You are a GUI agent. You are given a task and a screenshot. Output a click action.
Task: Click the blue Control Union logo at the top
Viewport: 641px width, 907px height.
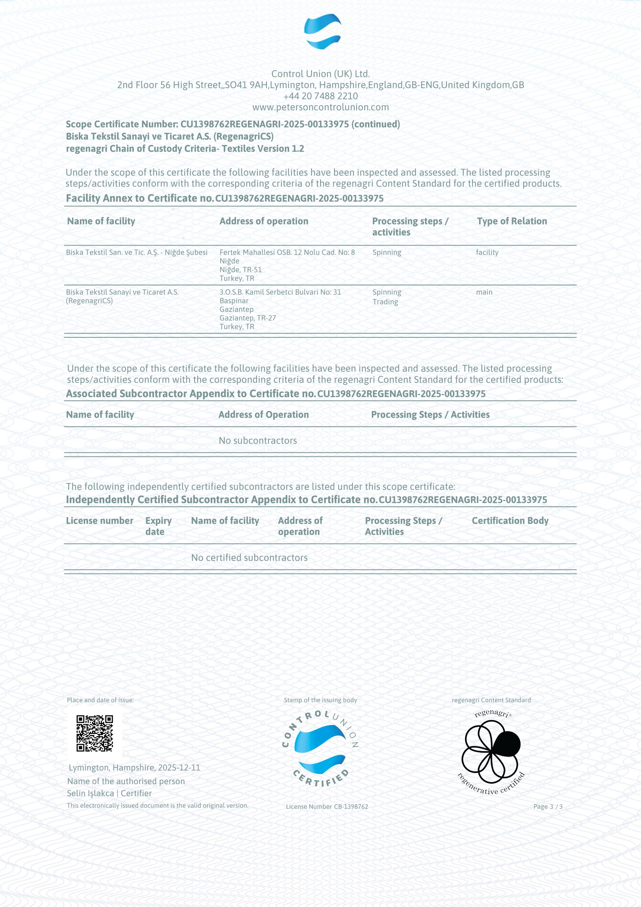click(322, 31)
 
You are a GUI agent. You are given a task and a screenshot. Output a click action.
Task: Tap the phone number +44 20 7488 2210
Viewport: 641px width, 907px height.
click(320, 96)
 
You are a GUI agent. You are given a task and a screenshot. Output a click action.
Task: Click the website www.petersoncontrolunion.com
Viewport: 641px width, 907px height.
click(320, 107)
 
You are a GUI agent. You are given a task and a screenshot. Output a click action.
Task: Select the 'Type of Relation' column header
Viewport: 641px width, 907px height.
click(512, 221)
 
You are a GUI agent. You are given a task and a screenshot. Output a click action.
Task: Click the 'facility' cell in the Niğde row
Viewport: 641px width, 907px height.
click(487, 252)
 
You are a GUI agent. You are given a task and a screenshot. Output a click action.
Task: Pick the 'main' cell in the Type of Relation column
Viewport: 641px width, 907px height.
click(484, 292)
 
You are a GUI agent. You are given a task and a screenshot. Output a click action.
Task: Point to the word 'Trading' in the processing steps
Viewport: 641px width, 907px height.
click(385, 302)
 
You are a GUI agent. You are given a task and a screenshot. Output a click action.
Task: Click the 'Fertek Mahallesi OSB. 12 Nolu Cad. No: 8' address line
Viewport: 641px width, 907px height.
click(287, 252)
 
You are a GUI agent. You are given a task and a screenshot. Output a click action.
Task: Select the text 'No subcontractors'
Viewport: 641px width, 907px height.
click(258, 441)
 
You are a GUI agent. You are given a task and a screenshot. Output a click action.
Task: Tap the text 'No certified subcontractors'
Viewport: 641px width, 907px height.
click(249, 557)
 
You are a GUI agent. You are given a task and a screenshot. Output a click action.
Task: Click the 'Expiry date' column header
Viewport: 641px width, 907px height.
click(158, 526)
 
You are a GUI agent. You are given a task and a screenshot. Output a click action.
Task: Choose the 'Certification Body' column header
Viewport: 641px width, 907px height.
click(510, 521)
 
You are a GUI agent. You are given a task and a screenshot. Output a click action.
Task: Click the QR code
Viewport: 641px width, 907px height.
click(95, 733)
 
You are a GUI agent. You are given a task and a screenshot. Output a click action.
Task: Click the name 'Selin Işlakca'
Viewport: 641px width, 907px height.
click(90, 793)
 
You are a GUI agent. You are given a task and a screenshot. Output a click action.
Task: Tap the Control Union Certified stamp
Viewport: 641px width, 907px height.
click(320, 748)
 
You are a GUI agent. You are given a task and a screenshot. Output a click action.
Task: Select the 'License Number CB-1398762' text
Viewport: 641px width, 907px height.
click(327, 807)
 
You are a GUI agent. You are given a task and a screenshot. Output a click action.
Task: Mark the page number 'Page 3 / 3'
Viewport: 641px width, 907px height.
click(548, 807)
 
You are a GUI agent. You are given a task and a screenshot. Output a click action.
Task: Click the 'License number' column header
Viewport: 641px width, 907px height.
click(100, 521)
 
